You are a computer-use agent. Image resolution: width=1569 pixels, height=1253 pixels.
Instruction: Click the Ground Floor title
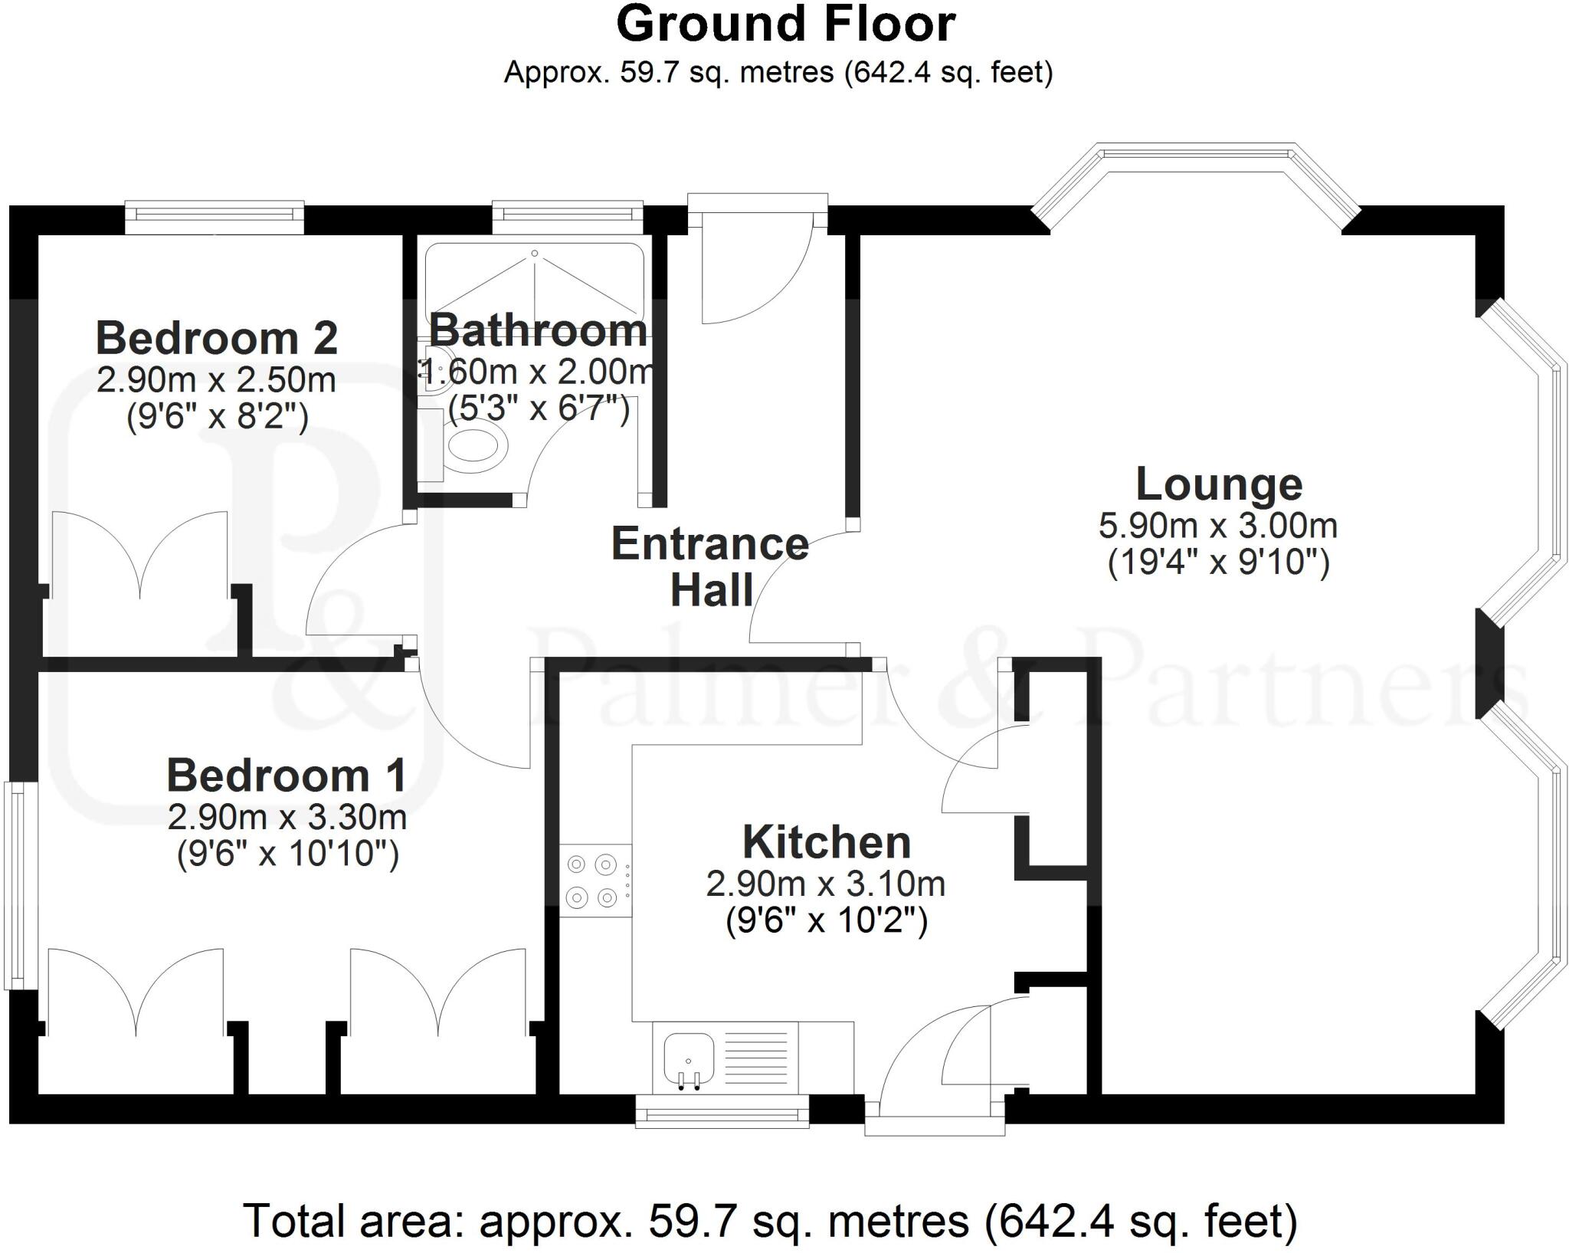coord(785,25)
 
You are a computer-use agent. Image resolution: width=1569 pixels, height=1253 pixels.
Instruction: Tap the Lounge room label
coord(1218,484)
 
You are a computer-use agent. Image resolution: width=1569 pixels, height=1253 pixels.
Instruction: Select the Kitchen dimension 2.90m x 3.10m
coord(825,884)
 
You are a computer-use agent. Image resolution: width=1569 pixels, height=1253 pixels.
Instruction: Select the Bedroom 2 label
coord(217,338)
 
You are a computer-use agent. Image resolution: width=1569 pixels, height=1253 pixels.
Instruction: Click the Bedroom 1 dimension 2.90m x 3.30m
coord(287,818)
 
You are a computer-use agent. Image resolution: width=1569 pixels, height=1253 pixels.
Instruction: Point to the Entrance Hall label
coord(709,566)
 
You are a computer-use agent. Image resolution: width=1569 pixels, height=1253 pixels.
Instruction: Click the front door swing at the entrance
coord(755,276)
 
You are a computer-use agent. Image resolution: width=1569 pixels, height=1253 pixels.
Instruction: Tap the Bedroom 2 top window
coord(215,217)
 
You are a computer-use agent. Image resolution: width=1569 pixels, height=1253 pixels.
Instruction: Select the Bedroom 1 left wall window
coord(13,885)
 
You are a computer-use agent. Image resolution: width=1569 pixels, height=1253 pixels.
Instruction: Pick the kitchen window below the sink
coord(722,1110)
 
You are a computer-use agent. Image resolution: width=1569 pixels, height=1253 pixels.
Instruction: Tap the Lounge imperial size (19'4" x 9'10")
coord(1218,563)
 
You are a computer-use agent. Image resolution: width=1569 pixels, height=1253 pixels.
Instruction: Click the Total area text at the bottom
coord(770,1221)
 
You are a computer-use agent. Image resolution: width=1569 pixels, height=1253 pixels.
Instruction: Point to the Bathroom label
coord(538,331)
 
